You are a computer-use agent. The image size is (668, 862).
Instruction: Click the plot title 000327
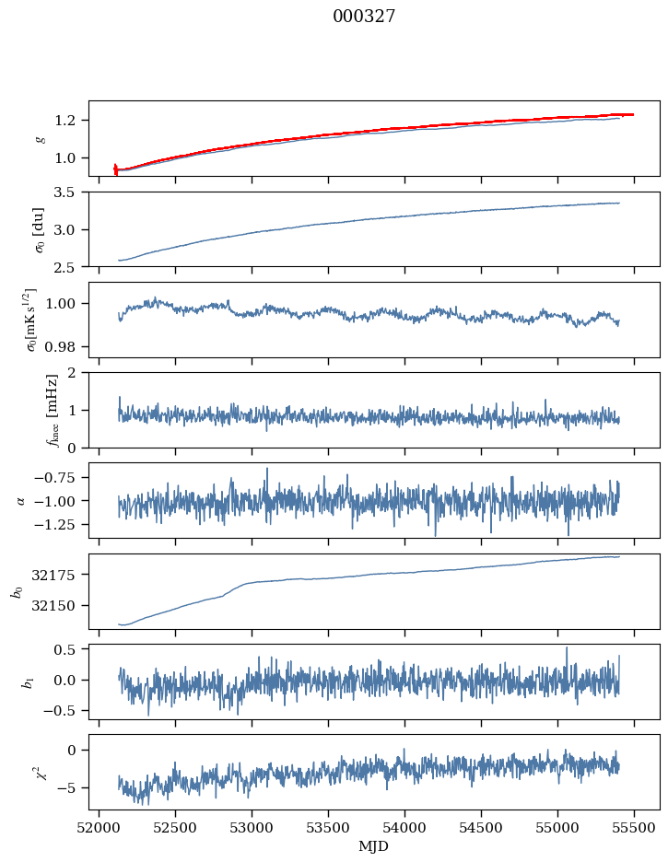pos(364,16)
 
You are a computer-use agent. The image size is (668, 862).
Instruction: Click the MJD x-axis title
pos(374,845)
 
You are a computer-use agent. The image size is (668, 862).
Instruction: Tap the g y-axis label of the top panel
pos(40,138)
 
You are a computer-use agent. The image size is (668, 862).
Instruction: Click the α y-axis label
pos(21,500)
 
